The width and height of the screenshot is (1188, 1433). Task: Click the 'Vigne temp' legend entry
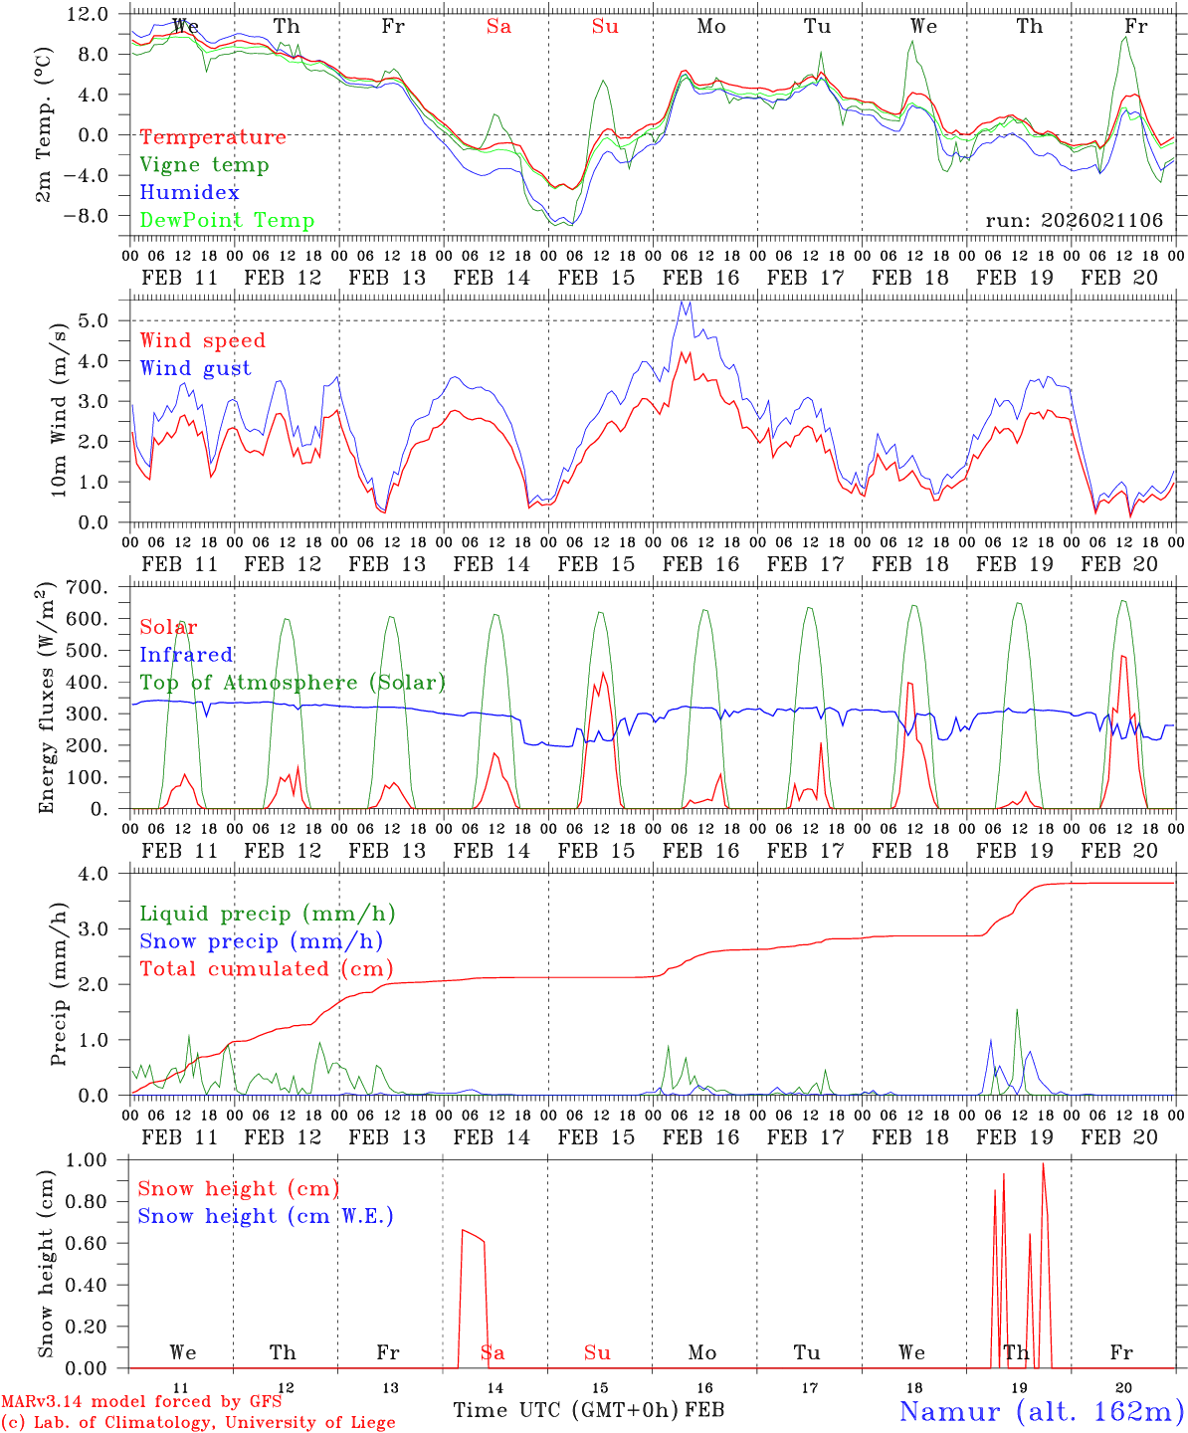204,165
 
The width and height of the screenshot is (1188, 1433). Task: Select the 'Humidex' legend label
189,193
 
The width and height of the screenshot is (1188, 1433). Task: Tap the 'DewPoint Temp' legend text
227,221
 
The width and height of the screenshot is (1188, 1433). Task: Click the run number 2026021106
1102,221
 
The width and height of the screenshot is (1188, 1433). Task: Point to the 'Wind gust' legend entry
195,368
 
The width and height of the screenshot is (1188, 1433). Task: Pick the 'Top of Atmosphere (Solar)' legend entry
293,683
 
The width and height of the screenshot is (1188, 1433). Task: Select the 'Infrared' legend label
186,655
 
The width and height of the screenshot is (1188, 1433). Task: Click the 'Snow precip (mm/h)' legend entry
261,941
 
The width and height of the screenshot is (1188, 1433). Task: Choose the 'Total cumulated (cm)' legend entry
266,969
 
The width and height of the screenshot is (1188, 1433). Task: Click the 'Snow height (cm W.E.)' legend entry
266,1216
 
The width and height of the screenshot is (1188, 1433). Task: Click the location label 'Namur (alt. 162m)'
1041,1411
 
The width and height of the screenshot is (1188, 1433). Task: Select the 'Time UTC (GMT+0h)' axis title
566,1410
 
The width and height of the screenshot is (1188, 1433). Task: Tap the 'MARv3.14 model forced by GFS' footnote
141,1402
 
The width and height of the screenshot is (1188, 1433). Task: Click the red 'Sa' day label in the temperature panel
498,27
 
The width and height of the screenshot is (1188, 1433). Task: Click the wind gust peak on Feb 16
683,302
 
